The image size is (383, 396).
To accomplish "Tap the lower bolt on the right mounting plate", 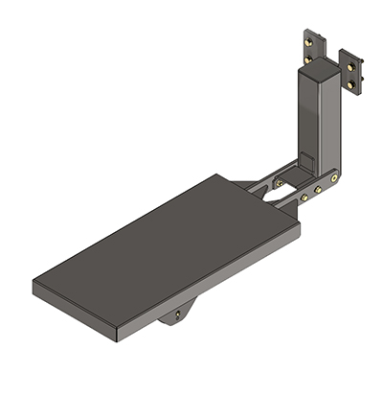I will click(352, 84).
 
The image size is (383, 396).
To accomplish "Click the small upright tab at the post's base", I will click(305, 159).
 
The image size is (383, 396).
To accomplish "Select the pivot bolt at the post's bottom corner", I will click(334, 176).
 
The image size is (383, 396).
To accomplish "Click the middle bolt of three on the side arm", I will click(304, 197).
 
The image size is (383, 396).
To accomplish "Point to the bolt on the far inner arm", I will click(279, 179).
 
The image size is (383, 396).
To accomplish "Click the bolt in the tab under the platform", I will click(179, 313).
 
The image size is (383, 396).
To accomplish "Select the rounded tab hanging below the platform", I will click(177, 314).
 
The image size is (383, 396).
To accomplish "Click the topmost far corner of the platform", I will click(222, 175).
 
